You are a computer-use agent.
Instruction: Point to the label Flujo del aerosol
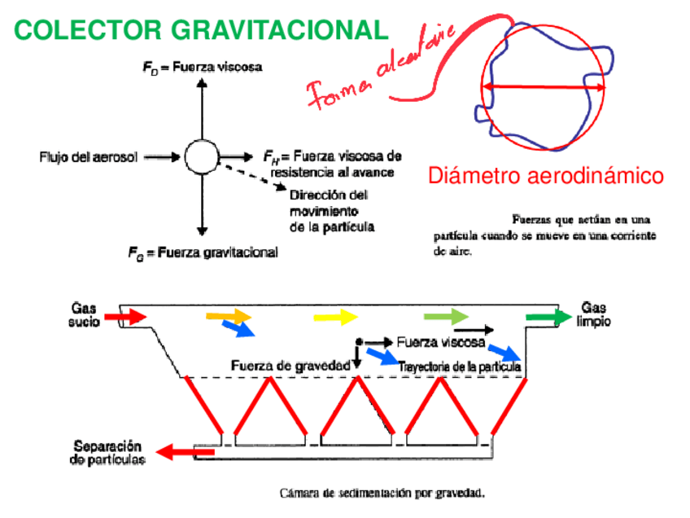(89, 156)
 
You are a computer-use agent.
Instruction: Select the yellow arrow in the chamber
(335, 316)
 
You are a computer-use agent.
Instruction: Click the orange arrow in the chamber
(230, 315)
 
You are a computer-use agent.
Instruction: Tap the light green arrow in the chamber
(447, 316)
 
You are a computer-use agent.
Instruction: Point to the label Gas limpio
(595, 314)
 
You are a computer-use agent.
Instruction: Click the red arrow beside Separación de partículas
(177, 451)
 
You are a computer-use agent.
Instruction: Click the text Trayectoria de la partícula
(461, 367)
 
